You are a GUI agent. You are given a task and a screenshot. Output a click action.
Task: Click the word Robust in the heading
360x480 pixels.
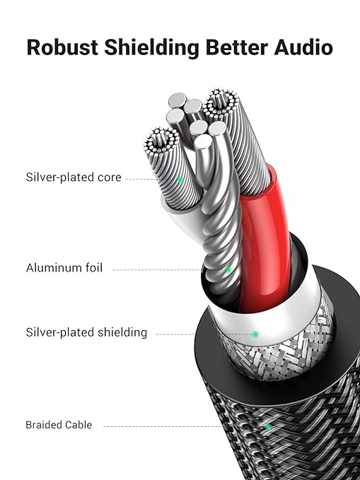pos(62,47)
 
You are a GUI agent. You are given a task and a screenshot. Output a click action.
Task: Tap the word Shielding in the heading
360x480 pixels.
pos(152,48)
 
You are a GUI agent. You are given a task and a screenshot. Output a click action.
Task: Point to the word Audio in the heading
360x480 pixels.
pos(303,47)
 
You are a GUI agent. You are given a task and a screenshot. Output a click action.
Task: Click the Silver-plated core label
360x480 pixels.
pos(74,177)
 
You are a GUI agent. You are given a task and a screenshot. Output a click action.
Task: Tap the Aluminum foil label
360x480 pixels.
pos(64,267)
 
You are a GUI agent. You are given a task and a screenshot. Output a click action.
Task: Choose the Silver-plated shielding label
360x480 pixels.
pos(86,332)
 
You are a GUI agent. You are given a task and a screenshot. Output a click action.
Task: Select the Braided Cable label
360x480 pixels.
pos(59,425)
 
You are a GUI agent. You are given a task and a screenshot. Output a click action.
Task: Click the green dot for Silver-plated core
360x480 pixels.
pos(180,180)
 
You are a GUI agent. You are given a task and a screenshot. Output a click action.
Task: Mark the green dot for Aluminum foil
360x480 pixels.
pos(228,270)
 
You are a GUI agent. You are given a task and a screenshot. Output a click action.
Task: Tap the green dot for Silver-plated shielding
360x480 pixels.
pos(255,334)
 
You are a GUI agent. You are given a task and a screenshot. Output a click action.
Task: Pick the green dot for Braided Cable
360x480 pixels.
pos(268,426)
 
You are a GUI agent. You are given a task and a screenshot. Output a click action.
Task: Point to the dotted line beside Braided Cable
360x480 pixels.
pos(163,426)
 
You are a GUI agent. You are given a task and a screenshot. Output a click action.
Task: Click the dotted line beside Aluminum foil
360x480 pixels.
pos(157,270)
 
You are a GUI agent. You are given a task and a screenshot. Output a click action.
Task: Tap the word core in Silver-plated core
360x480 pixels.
pos(110,178)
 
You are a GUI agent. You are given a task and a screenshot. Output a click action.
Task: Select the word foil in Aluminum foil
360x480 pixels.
pos(94,267)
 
